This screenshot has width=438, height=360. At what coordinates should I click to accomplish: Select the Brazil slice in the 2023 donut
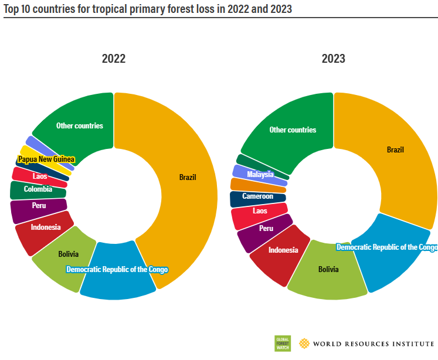[396, 150]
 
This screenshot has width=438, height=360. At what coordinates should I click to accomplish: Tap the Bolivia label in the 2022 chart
[69, 254]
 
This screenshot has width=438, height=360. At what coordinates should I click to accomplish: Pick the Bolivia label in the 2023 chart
[328, 269]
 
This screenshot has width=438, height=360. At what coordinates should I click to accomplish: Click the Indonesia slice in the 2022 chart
[45, 227]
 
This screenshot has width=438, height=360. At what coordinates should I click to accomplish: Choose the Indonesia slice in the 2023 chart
[283, 250]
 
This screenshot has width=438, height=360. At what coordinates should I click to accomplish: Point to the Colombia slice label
[38, 189]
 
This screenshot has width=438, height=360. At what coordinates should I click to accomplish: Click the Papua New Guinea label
[46, 159]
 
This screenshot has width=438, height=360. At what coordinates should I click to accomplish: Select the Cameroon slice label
[258, 196]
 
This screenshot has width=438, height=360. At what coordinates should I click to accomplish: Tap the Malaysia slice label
[260, 174]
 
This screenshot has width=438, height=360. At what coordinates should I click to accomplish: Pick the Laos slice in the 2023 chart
[260, 211]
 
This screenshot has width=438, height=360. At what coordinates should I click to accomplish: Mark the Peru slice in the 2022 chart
[39, 206]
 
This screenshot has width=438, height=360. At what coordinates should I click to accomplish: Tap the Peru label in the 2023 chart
[266, 227]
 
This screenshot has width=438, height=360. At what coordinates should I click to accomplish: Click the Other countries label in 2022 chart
[80, 125]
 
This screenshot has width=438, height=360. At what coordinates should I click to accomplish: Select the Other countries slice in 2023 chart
[293, 130]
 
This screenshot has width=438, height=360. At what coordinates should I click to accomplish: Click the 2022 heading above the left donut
[114, 59]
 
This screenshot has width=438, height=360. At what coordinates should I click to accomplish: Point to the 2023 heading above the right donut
[333, 59]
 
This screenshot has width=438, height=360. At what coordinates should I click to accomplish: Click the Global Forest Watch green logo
[283, 343]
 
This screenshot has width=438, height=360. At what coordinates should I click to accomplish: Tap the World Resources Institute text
[372, 344]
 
